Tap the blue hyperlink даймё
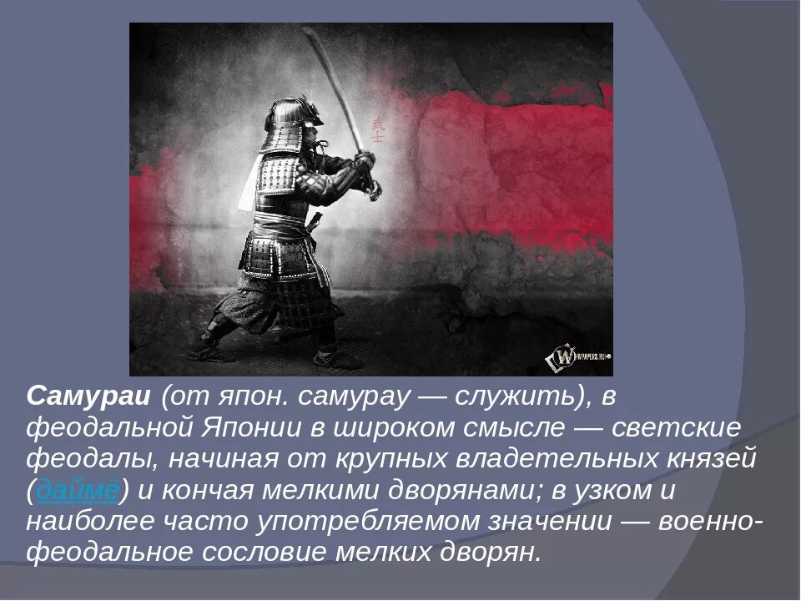(x=78, y=492)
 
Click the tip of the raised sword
(x=307, y=31)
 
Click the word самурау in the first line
(x=351, y=397)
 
